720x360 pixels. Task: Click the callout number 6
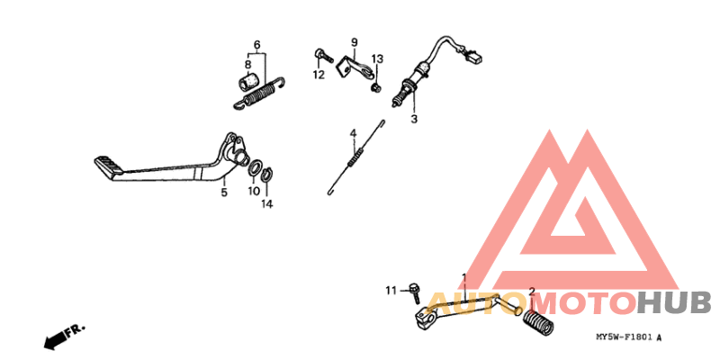pyautogui.click(x=256, y=45)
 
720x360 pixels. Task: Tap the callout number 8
pyautogui.click(x=247, y=65)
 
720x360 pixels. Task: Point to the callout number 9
pyautogui.click(x=354, y=42)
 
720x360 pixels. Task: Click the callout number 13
pyautogui.click(x=378, y=58)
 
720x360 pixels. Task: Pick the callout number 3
pyautogui.click(x=415, y=119)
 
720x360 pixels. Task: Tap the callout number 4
pyautogui.click(x=354, y=134)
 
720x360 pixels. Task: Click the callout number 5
pyautogui.click(x=224, y=192)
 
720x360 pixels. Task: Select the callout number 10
pyautogui.click(x=254, y=192)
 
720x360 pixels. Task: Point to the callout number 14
pyautogui.click(x=265, y=204)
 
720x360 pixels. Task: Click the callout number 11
pyautogui.click(x=391, y=290)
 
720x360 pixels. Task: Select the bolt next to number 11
pyautogui.click(x=414, y=291)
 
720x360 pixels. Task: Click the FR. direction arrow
pyautogui.click(x=62, y=337)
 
